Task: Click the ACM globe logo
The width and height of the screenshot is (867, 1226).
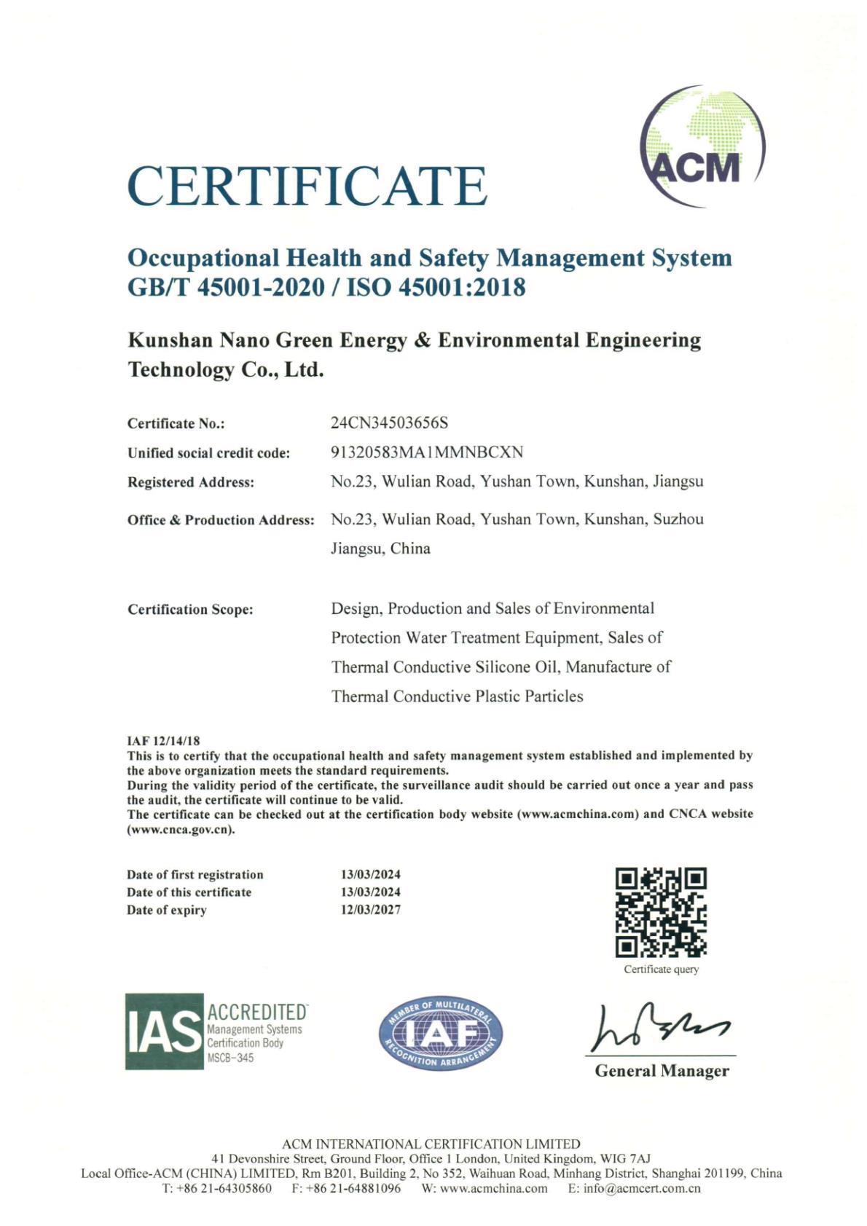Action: click(x=702, y=146)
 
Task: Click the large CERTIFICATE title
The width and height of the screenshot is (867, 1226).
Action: click(x=307, y=185)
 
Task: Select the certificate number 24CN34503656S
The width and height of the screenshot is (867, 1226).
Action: click(x=389, y=423)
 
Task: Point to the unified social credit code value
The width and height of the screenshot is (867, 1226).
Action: click(x=427, y=452)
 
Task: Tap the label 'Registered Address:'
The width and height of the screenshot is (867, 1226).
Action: click(x=191, y=482)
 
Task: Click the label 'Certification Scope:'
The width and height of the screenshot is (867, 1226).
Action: click(x=190, y=609)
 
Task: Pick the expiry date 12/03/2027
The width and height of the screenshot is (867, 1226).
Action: click(x=371, y=910)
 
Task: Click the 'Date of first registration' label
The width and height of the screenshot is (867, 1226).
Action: click(x=195, y=874)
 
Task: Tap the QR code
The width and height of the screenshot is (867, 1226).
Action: click(x=661, y=911)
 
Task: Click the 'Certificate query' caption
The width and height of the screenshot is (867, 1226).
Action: click(x=661, y=970)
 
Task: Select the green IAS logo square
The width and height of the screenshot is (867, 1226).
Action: click(x=164, y=1032)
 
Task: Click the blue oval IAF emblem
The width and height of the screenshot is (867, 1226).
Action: click(x=440, y=1034)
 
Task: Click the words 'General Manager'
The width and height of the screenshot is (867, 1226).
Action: click(x=662, y=1071)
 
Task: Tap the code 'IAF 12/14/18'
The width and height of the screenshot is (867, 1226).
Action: click(x=163, y=741)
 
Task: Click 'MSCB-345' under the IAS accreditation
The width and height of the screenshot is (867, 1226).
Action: click(x=231, y=1058)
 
